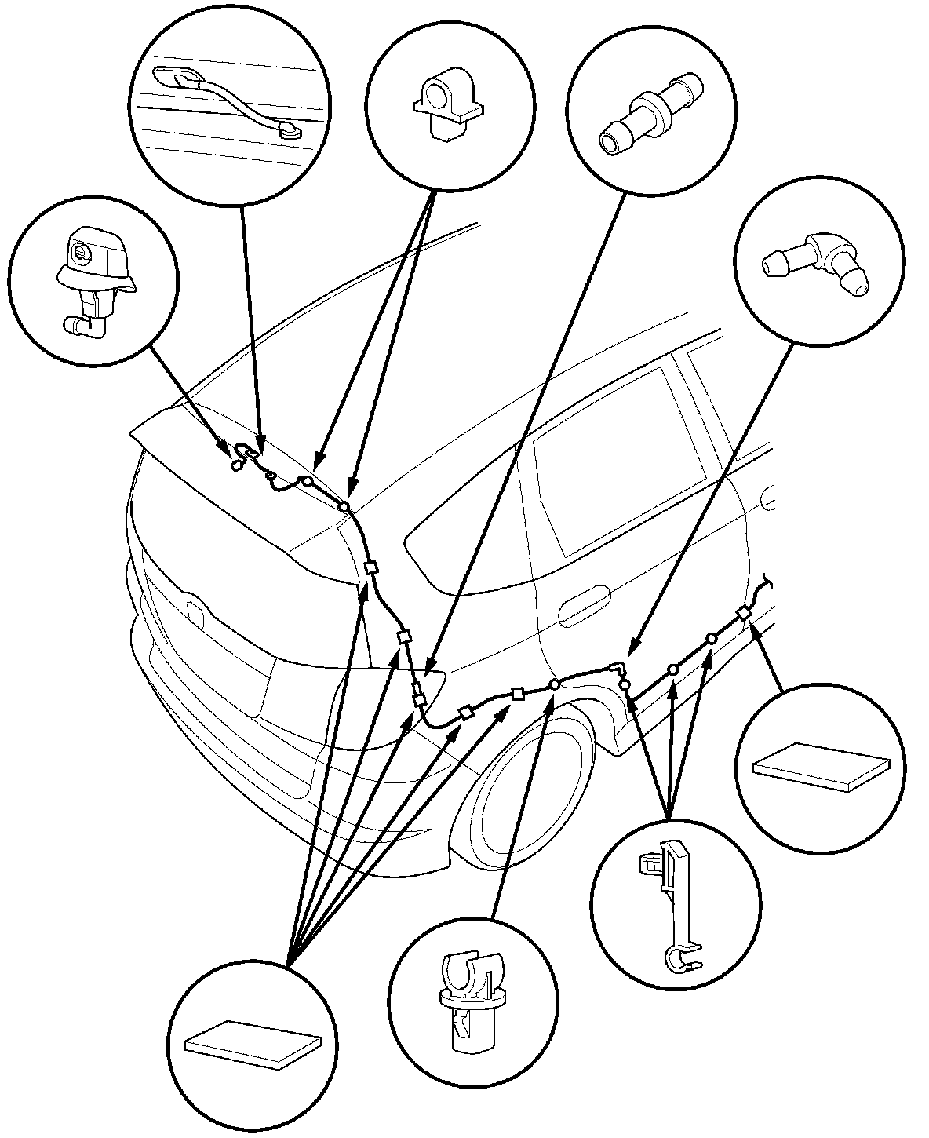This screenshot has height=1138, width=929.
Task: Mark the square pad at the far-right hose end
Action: coord(742,614)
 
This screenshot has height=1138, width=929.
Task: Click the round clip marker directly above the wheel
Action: coord(555,684)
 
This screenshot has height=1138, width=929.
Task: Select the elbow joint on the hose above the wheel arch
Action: coord(620,668)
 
